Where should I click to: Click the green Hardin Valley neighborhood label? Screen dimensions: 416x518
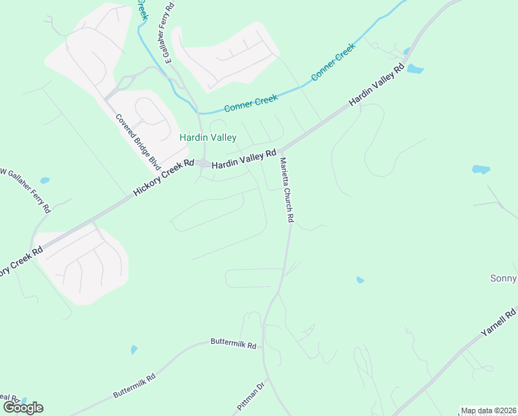[208, 138]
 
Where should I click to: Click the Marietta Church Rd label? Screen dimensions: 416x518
[287, 189]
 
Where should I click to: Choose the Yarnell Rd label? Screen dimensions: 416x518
[499, 324]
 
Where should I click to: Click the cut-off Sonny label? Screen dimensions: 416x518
[503, 279]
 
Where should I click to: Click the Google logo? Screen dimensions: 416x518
[22, 408]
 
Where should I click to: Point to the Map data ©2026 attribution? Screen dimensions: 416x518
[489, 410]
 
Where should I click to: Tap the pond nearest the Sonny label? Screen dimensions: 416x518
[481, 169]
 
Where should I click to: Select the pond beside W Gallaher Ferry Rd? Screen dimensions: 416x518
[45, 180]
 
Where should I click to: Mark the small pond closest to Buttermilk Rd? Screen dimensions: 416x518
[134, 349]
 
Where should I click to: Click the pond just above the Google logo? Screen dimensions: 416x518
[24, 400]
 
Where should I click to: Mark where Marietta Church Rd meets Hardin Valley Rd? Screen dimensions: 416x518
[283, 149]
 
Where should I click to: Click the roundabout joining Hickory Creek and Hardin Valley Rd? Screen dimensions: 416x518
[204, 164]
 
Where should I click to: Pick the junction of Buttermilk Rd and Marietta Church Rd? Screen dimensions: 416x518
[262, 341]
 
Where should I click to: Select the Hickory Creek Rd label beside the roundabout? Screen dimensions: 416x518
[163, 177]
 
